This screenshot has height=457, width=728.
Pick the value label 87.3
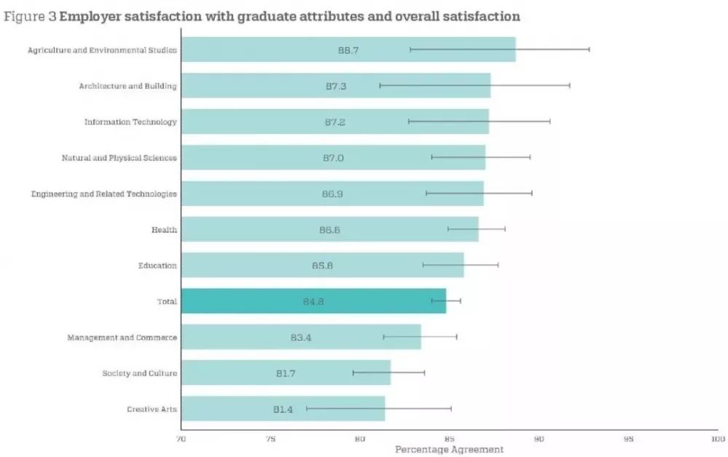click(x=336, y=86)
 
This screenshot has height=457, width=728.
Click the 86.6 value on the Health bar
click(x=329, y=230)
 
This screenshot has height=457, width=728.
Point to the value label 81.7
click(x=286, y=373)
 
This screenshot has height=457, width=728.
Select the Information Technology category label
click(x=130, y=122)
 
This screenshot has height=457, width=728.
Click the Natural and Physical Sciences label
click(x=119, y=158)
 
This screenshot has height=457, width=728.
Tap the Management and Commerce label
click(x=122, y=338)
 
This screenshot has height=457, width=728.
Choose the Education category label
click(x=157, y=266)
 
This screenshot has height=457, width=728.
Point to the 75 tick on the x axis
click(x=271, y=439)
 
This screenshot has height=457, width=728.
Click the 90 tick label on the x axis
click(x=539, y=439)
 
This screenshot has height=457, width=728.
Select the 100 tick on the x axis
click(x=718, y=439)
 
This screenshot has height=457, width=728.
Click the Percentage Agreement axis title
click(x=449, y=450)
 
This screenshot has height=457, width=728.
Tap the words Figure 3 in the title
click(x=29, y=16)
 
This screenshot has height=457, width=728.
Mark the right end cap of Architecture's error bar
click(x=570, y=86)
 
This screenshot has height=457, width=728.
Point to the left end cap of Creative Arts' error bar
click(x=306, y=409)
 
